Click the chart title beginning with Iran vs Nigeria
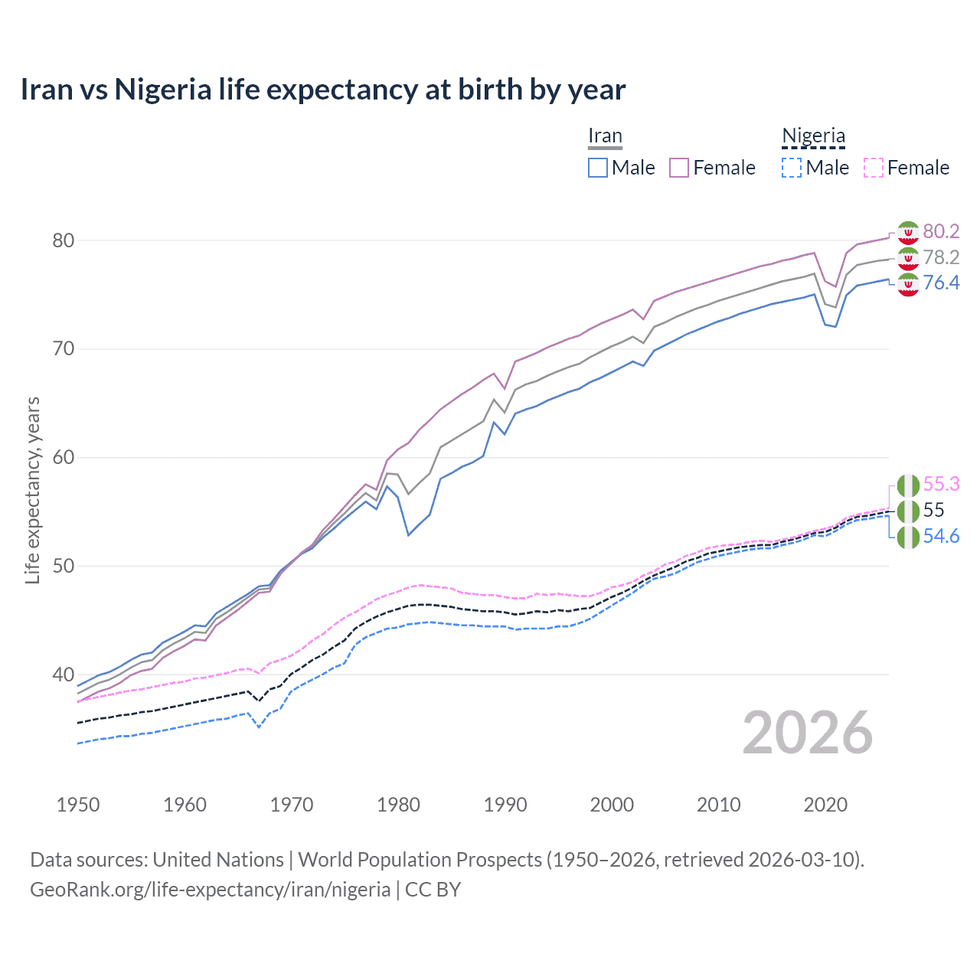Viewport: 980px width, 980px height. coord(322,90)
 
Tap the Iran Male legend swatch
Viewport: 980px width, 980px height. coord(598,168)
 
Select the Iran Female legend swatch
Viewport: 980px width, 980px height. coord(679,168)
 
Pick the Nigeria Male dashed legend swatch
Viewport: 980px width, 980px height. coord(792,168)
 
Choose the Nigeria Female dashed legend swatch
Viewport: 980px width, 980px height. coord(874,168)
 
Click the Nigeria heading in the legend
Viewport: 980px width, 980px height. coord(813,136)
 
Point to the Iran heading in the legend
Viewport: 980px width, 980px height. coord(605,136)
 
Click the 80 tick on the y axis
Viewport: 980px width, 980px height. coord(63,240)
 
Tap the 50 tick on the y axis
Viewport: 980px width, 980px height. coord(63,567)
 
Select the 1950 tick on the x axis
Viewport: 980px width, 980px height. coord(78,805)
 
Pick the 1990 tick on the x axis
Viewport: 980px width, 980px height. coord(505,805)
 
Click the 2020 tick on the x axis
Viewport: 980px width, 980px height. coord(825,805)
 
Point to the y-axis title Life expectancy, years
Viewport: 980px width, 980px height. coord(32,490)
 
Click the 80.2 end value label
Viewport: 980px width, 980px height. coord(941,231)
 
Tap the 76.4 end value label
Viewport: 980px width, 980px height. coord(941,283)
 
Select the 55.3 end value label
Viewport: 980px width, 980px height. coord(941,485)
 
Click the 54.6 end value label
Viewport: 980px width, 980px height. coord(941,537)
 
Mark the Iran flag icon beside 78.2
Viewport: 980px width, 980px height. coord(908,258)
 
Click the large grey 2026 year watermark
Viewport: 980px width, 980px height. coord(807,733)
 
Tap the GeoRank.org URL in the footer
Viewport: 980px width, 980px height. coord(210,890)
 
